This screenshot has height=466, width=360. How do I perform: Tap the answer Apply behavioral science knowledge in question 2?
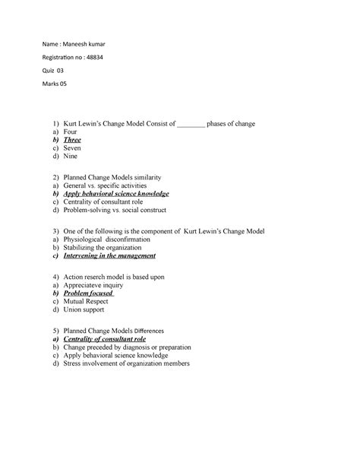117,195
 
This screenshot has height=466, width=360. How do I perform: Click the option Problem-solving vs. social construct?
116,212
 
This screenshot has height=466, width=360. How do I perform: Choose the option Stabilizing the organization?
103,248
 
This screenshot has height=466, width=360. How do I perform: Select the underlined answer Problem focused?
88,293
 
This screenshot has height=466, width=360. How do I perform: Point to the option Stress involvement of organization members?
126,364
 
